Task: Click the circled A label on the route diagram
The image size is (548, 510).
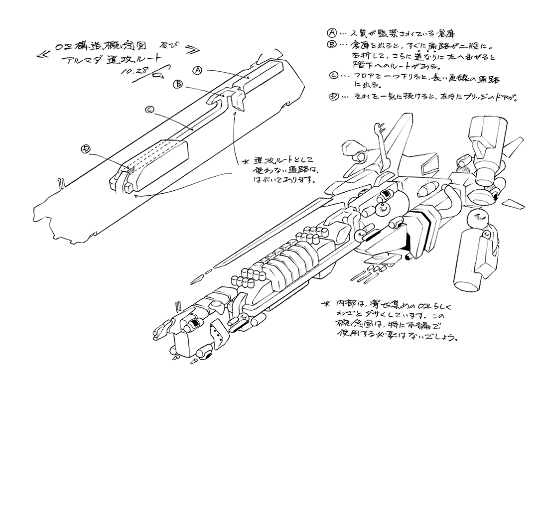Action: pos(197,71)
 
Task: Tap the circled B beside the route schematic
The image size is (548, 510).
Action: pos(177,85)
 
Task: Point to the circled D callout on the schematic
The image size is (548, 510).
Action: pos(86,148)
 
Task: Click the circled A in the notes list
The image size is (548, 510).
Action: pos(331,33)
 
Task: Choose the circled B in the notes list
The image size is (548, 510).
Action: pos(331,45)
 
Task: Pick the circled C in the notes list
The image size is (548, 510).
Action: pos(334,76)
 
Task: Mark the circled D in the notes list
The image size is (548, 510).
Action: pos(333,97)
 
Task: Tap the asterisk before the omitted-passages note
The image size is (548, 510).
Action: pos(244,162)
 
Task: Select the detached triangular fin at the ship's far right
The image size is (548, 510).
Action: pos(513,204)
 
